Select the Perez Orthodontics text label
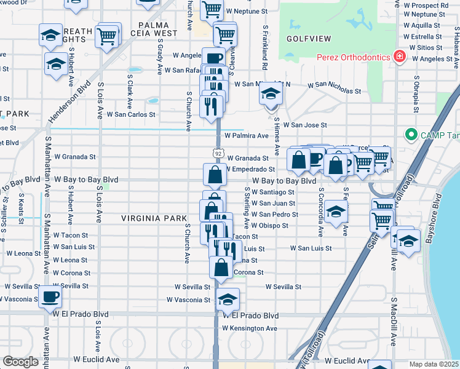[x=354, y=57]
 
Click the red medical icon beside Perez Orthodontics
[x=400, y=57]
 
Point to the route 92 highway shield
[x=218, y=152]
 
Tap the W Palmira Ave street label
[x=247, y=135]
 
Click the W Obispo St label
[x=269, y=226]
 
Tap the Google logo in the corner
[x=20, y=362]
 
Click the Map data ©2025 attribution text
[x=434, y=364]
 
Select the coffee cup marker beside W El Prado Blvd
[x=50, y=298]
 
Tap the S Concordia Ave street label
[x=321, y=215]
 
